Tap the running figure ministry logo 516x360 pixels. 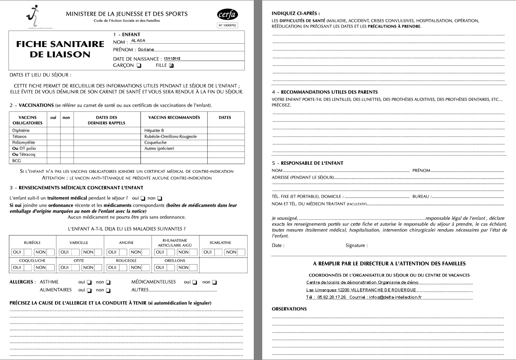pyautogui.click(x=29, y=16)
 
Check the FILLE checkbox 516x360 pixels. pyautogui.click(x=172, y=66)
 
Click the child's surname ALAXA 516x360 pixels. pyautogui.click(x=138, y=41)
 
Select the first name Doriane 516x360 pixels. pyautogui.click(x=146, y=50)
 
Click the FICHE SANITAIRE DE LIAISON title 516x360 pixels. pyautogui.click(x=60, y=49)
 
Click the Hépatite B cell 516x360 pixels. pyautogui.click(x=154, y=131)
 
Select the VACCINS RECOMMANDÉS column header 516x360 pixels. pyautogui.click(x=174, y=117)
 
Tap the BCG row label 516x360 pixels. pyautogui.click(x=17, y=161)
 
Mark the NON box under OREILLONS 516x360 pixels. pyautogui.click(x=183, y=268)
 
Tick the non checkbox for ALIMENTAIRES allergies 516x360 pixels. pyautogui.click(x=108, y=291)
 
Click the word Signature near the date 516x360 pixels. pyautogui.click(x=356, y=245)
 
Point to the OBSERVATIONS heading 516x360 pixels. pyautogui.click(x=289, y=309)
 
